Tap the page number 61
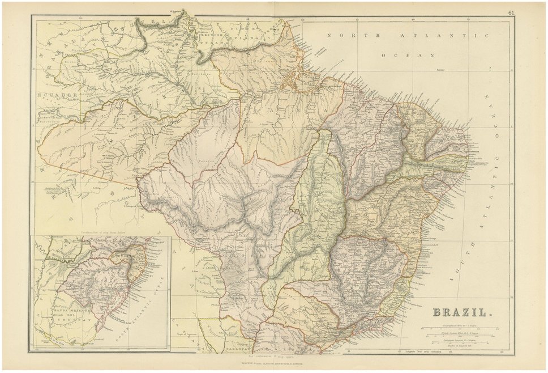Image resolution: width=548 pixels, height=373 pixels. pyautogui.click(x=511, y=12)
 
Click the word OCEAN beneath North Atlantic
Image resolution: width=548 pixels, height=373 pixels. pyautogui.click(x=407, y=56)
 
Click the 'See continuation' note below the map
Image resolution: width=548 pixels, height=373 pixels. pyautogui.click(x=273, y=354)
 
